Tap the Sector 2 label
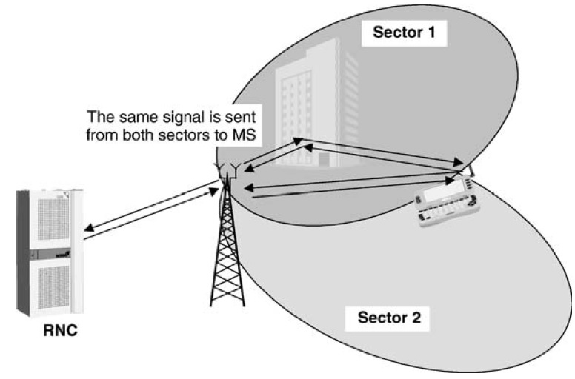click(389, 319)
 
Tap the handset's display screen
click(446, 191)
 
